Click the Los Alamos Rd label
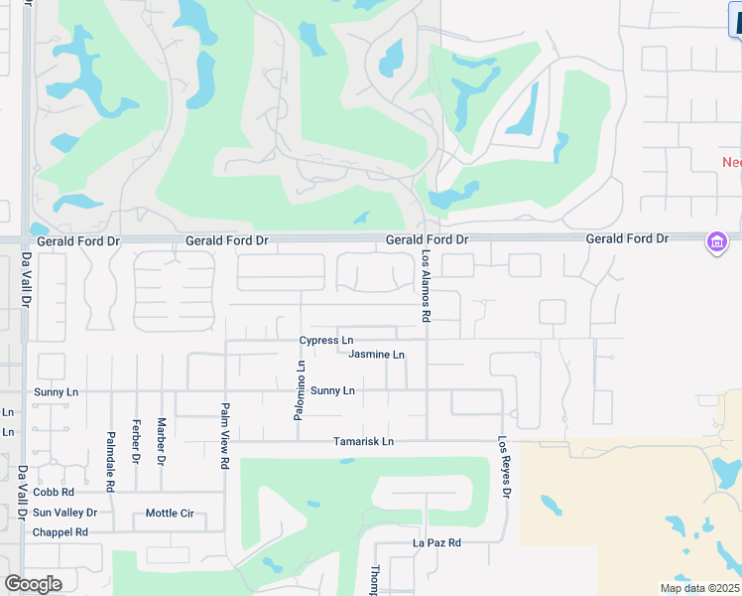point(426,286)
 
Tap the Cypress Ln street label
point(326,341)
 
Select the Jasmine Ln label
point(376,355)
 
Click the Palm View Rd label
point(225,435)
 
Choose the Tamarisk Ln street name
point(363,441)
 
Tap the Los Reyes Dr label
point(505,467)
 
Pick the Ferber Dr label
point(136,442)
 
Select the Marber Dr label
point(161,442)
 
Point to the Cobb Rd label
point(54,492)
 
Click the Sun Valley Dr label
point(64,513)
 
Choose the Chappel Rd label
point(61,532)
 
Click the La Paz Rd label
point(437,543)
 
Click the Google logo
point(33,583)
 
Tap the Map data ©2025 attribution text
point(699,588)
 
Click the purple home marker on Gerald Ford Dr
point(716,241)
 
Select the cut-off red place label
point(731,162)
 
